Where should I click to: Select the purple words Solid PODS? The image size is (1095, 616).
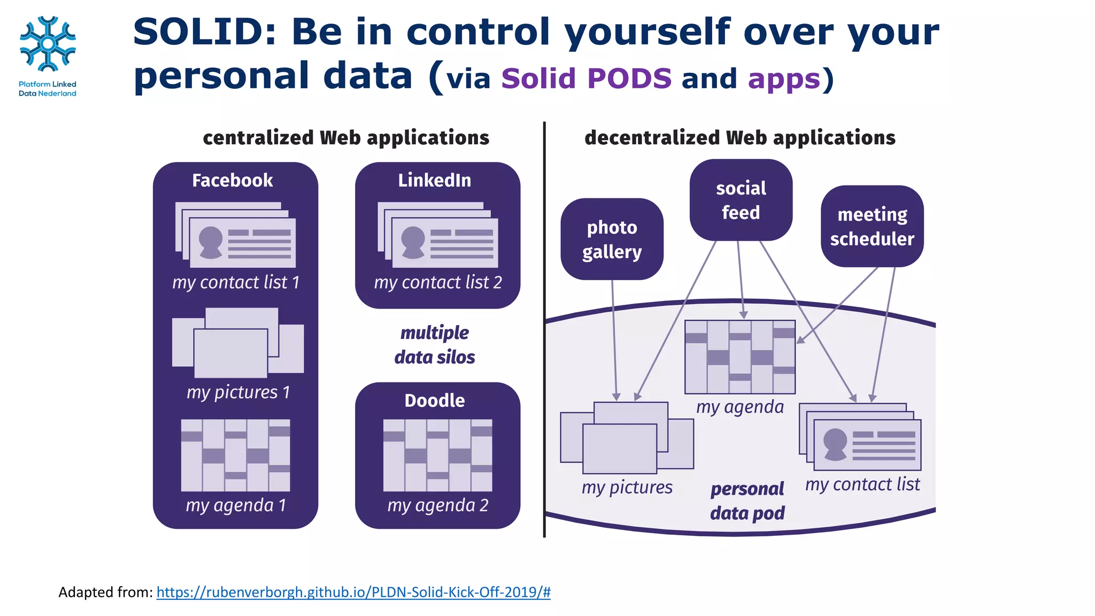click(x=586, y=79)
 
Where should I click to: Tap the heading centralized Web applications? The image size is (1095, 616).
click(x=346, y=138)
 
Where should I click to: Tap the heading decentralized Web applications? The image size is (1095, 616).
click(x=739, y=138)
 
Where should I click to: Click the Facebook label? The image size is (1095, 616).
click(x=232, y=180)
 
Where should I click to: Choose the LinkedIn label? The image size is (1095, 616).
click(x=434, y=180)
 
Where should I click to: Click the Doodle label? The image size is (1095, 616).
click(x=434, y=401)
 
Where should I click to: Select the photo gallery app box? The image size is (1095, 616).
click(x=612, y=239)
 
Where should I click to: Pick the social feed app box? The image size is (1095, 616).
click(x=741, y=200)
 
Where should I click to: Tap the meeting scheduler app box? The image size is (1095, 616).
click(x=872, y=226)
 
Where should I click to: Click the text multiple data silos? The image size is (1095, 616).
click(x=434, y=345)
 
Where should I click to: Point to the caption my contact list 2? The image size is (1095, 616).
click(x=437, y=282)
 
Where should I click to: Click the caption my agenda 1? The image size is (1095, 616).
click(x=236, y=505)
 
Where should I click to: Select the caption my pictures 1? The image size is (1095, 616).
click(x=238, y=392)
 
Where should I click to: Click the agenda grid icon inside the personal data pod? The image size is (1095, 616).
click(x=740, y=357)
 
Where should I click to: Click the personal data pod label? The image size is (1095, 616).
click(x=747, y=501)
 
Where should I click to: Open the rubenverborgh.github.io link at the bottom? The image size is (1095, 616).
click(x=353, y=592)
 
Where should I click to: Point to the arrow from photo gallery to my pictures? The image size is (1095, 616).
click(x=614, y=342)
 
